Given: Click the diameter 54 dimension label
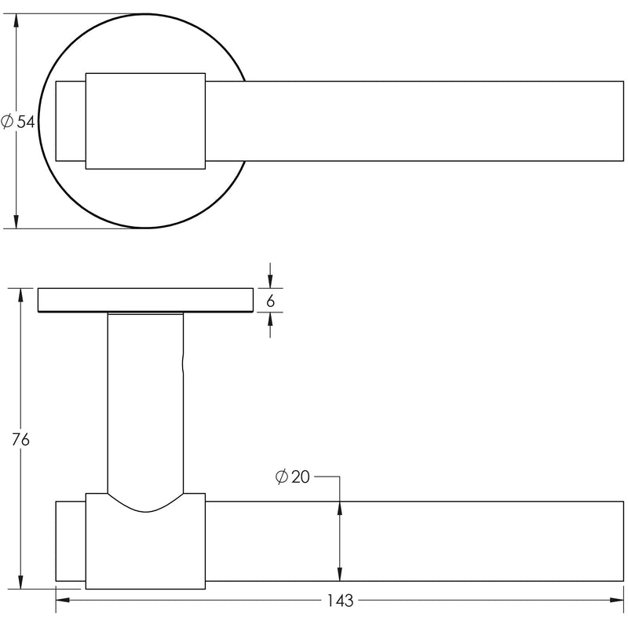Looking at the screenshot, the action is pos(18,122).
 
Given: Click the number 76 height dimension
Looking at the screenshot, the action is pos(20,440).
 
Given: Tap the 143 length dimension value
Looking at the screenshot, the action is pos(341,601).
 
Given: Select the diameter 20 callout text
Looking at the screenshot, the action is pos(293,476).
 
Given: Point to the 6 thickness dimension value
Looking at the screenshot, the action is pos(270,301).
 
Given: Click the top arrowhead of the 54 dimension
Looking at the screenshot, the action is pos(16,20).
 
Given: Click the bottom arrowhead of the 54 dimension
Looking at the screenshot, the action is pos(16,222).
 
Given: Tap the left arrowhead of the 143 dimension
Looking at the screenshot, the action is pos(63,600).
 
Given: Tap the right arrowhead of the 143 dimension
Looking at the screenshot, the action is pos(617,600).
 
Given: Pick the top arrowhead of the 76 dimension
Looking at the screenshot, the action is pos(20,295).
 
